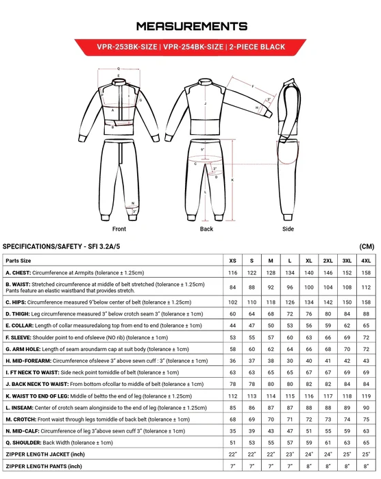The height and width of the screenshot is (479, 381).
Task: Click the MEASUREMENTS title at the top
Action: click(x=190, y=25)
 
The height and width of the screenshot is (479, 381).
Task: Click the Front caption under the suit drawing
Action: click(x=119, y=229)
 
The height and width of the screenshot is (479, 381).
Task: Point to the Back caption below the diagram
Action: click(x=206, y=229)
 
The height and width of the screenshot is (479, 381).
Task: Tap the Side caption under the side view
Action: click(x=288, y=229)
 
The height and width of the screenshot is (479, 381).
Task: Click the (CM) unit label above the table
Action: click(x=367, y=246)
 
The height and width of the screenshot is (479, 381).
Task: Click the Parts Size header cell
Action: click(x=19, y=261)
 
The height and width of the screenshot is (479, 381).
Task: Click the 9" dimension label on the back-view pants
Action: click(x=204, y=149)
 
